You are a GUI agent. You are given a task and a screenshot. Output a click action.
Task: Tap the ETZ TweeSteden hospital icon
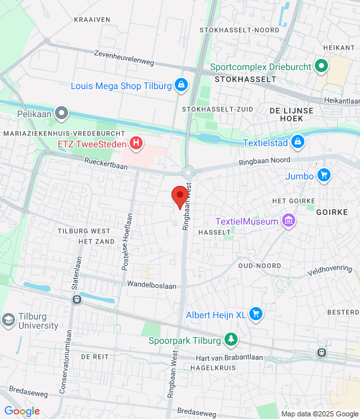point(135,142)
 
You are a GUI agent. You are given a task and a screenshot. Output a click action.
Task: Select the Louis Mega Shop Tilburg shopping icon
point(181,86)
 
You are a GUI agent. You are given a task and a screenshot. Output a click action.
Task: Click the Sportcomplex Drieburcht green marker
point(321,66)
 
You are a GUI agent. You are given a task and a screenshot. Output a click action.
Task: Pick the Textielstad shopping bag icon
point(298,141)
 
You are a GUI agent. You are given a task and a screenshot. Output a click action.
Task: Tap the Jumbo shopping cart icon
point(323,175)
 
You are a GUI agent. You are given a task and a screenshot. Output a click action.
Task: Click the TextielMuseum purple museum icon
point(287,221)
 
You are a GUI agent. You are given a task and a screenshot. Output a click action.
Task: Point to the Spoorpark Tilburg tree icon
point(230,339)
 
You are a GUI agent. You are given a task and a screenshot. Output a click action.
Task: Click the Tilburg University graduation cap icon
point(9,320)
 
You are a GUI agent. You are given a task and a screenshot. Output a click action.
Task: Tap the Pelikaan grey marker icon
point(62,114)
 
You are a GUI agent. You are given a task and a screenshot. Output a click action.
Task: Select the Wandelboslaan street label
point(152,285)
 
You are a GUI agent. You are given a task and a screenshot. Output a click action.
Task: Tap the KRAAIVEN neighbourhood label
point(92,20)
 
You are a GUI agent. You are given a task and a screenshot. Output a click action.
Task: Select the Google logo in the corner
point(22,411)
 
